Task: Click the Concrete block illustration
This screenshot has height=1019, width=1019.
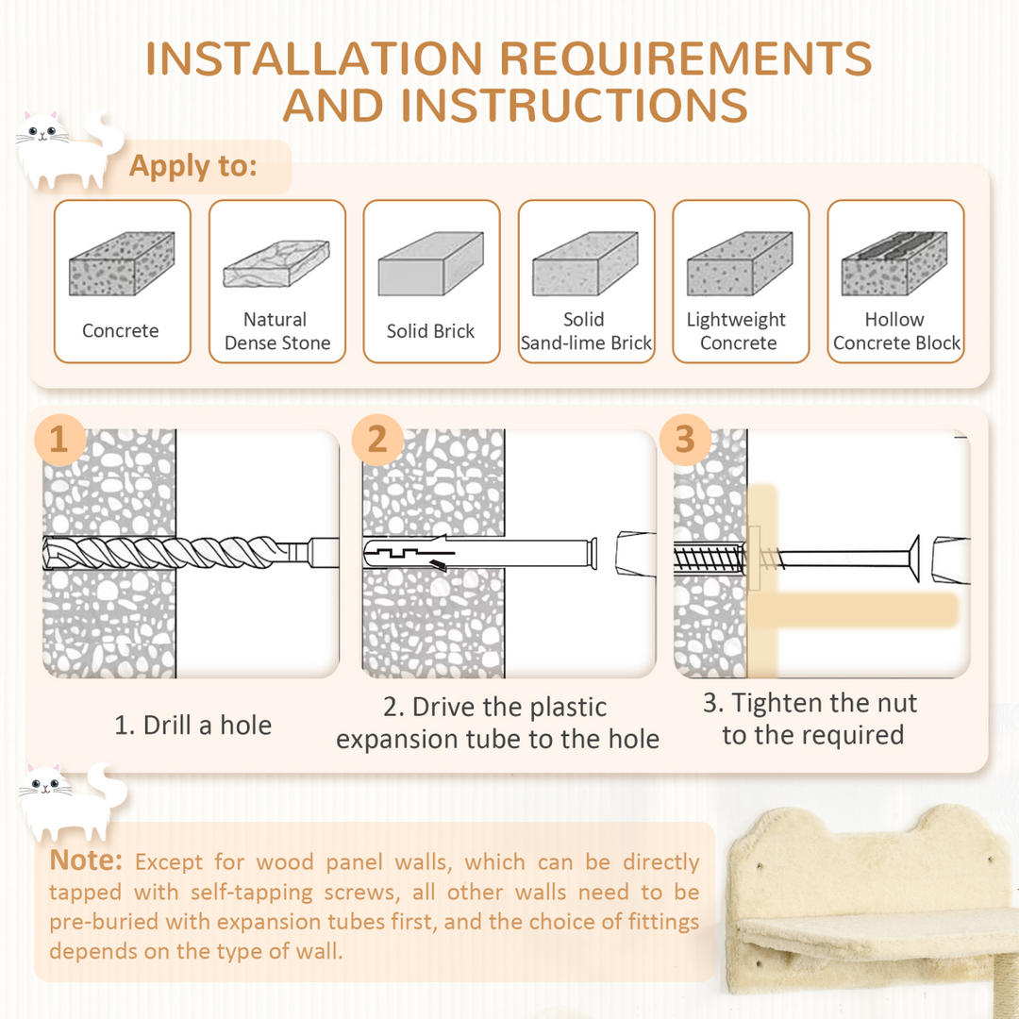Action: (x=122, y=263)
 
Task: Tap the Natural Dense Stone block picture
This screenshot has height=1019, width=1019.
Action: (x=276, y=264)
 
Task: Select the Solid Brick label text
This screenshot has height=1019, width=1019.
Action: (x=430, y=331)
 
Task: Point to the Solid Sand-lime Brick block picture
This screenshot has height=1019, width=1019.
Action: (x=585, y=263)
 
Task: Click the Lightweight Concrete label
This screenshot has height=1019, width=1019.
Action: (x=737, y=331)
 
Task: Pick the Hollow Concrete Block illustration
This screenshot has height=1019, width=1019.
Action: (x=894, y=263)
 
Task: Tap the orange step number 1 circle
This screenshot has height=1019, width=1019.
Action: (x=59, y=440)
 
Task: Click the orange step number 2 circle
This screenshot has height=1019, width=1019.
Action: (x=377, y=440)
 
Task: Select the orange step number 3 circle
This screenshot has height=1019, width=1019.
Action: (x=685, y=440)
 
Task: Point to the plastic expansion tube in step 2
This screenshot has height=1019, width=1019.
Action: (x=480, y=553)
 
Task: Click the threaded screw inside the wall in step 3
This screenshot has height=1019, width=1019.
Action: (x=710, y=559)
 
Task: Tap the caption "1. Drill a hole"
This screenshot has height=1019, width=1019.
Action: (x=193, y=726)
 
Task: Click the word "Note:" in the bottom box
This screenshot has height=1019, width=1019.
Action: (x=86, y=860)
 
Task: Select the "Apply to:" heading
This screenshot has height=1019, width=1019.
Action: (x=193, y=166)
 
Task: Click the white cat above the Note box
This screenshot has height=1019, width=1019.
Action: (x=73, y=802)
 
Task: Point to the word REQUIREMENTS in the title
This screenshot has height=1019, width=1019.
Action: (x=686, y=58)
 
